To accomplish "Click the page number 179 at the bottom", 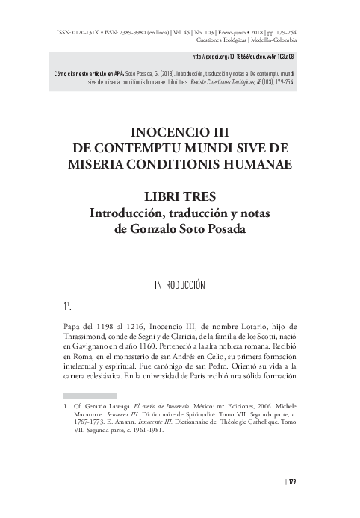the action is point(291,481).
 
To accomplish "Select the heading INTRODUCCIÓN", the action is point(179,284).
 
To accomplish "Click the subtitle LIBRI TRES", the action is point(179,197).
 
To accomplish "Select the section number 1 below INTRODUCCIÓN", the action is point(66,306).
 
